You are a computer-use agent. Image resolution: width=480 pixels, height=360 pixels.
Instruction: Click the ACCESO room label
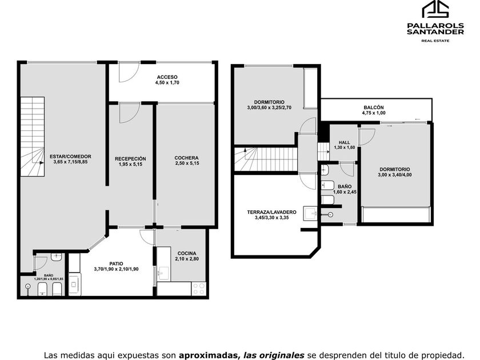(167, 77)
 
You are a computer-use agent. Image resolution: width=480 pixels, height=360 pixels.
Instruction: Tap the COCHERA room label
(186, 158)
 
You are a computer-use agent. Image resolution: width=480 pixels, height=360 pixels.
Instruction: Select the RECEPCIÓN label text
(130, 159)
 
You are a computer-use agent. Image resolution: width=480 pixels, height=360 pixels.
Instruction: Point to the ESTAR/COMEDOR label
(70, 157)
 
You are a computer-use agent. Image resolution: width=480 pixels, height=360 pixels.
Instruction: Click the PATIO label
(117, 263)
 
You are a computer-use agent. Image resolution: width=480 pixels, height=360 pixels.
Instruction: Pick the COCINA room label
(187, 254)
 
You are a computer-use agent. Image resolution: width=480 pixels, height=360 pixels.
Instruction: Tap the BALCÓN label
(374, 107)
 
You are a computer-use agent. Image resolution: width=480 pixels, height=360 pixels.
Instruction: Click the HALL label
(345, 142)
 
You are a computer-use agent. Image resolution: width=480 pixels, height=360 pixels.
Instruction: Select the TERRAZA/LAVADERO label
(272, 212)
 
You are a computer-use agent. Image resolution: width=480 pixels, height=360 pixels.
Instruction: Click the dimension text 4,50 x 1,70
(167, 82)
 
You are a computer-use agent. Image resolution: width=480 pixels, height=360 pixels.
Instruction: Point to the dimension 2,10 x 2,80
(187, 259)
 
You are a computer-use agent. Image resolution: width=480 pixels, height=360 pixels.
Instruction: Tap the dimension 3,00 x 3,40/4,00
(395, 175)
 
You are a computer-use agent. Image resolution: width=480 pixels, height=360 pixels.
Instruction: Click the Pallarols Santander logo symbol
(435, 9)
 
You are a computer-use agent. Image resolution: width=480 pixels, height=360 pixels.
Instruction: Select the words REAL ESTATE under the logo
(435, 41)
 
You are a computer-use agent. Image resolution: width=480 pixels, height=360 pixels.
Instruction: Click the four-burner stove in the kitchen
(198, 289)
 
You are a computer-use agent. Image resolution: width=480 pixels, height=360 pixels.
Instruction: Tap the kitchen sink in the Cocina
(163, 273)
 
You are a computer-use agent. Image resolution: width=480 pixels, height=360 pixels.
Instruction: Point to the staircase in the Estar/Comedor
(33, 137)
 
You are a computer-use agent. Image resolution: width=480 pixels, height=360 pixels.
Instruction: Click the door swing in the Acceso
(129, 72)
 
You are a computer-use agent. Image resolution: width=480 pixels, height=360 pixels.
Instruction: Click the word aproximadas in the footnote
(208, 355)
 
